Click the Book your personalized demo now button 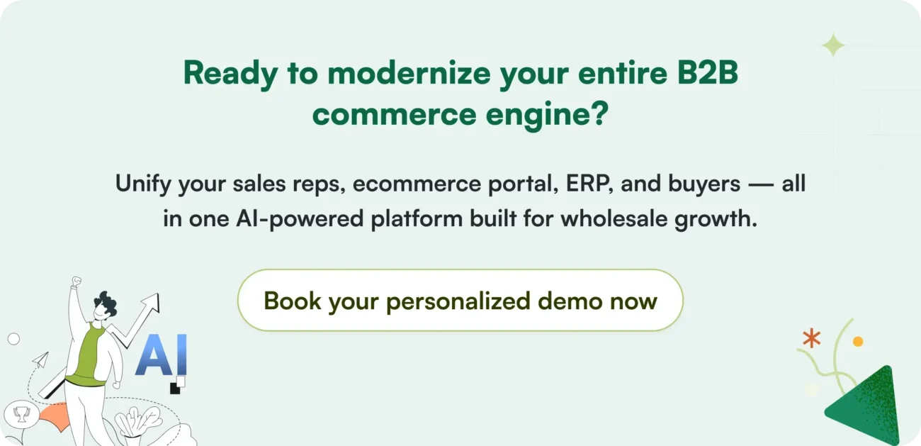point(460,301)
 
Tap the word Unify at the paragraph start point(144,184)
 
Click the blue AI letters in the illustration point(161,356)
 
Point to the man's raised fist point(77,282)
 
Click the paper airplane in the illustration point(40,359)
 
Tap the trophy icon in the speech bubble point(21,414)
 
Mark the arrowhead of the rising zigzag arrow point(150,303)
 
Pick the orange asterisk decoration point(811,338)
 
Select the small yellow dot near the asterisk point(858,342)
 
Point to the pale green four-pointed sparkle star point(833,45)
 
